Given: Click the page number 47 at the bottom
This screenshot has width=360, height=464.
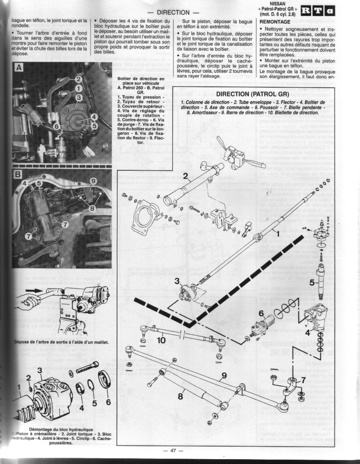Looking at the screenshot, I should [173, 451].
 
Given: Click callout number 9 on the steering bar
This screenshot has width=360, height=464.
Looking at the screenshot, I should [224, 376].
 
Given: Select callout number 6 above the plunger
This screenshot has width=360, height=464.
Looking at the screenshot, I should [261, 313].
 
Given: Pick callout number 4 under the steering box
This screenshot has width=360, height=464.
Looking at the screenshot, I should [308, 333].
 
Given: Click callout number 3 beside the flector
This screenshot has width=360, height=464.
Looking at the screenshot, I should [177, 282].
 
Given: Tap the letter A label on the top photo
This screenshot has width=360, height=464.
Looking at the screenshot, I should [18, 67].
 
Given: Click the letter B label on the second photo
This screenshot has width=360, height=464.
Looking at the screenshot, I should [18, 175].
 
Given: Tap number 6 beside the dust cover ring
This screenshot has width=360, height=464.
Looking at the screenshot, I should [108, 401].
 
